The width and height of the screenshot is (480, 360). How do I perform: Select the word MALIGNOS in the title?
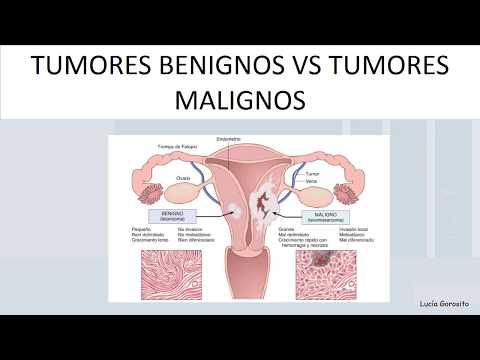239,102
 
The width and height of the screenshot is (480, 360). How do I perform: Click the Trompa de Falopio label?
175,147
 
